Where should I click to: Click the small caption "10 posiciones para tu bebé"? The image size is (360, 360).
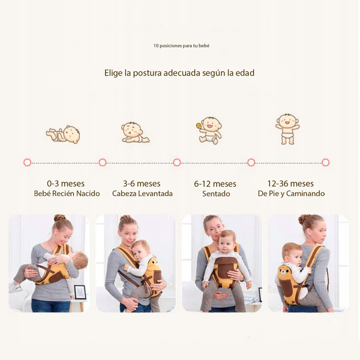pyautogui.click(x=181, y=46)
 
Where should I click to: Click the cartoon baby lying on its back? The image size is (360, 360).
pyautogui.click(x=63, y=134)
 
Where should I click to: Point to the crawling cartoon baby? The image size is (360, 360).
pyautogui.click(x=135, y=132)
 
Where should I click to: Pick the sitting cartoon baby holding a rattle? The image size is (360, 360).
pyautogui.click(x=209, y=130)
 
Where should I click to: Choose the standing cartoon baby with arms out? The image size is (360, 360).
pyautogui.click(x=287, y=129)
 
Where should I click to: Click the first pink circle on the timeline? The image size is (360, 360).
pyautogui.click(x=28, y=163)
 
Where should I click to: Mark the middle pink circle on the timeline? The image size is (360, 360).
pyautogui.click(x=177, y=163)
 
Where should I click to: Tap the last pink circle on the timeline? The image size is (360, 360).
pyautogui.click(x=326, y=163)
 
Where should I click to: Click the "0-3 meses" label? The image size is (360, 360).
pyautogui.click(x=65, y=184)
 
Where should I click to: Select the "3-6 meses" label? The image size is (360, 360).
pyautogui.click(x=142, y=184)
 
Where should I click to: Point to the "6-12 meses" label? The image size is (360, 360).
pyautogui.click(x=215, y=184)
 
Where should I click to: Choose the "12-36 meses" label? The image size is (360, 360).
pyautogui.click(x=290, y=184)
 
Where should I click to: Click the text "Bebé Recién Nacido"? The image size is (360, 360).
pyautogui.click(x=67, y=194)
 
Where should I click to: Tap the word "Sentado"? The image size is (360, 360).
pyautogui.click(x=216, y=194)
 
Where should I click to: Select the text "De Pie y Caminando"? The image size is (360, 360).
pyautogui.click(x=291, y=194)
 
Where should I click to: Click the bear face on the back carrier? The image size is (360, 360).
pyautogui.click(x=284, y=272)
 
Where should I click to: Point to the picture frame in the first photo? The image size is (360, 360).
pyautogui.click(x=80, y=292)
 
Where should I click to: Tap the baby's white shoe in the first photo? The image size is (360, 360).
pyautogui.click(x=14, y=287)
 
